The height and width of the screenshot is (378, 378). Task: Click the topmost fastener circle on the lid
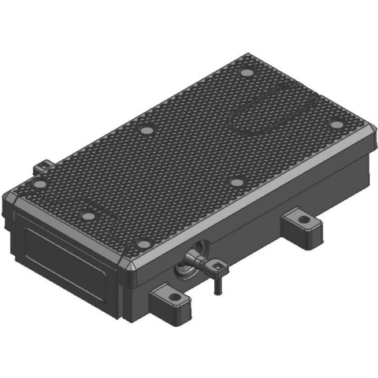(245, 75)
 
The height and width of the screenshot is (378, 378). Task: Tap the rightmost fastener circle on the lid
(336, 124)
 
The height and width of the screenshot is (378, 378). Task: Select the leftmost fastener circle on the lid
(39, 184)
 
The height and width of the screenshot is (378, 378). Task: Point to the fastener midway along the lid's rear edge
(146, 131)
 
